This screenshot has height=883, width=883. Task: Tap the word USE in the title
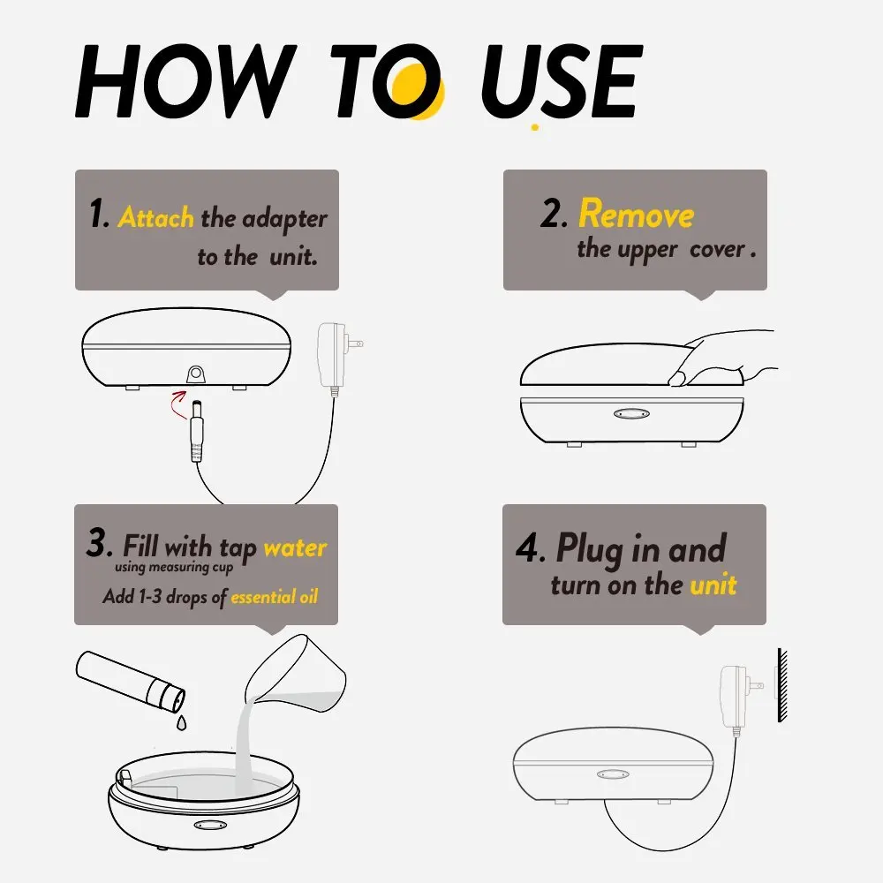pyautogui.click(x=562, y=81)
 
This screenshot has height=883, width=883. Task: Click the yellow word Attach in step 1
pyautogui.click(x=156, y=217)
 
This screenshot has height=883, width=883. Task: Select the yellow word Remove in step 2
pyautogui.click(x=637, y=214)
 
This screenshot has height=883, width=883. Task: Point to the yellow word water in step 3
pyautogui.click(x=295, y=548)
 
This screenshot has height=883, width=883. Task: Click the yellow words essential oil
pyautogui.click(x=275, y=596)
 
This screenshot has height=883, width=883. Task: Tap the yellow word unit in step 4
pyautogui.click(x=713, y=585)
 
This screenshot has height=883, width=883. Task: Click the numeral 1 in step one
pyautogui.click(x=97, y=213)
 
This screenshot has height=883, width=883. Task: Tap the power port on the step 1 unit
pyautogui.click(x=195, y=374)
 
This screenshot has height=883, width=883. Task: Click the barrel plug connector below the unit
pyautogui.click(x=197, y=431)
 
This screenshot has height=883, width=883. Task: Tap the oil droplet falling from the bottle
pyautogui.click(x=181, y=722)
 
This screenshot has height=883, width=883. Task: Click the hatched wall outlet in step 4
pyautogui.click(x=781, y=685)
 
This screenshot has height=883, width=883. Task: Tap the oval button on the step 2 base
pyautogui.click(x=631, y=414)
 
